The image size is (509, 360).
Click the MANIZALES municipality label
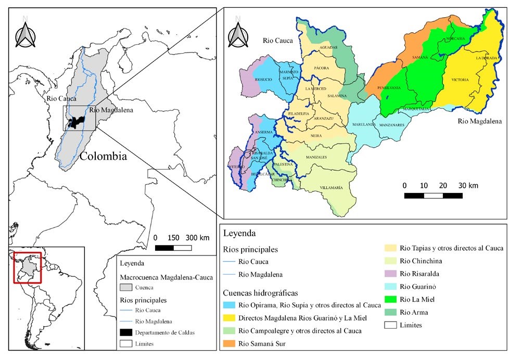316,157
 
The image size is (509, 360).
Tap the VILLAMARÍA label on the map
331,187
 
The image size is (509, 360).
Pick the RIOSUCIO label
264,79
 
